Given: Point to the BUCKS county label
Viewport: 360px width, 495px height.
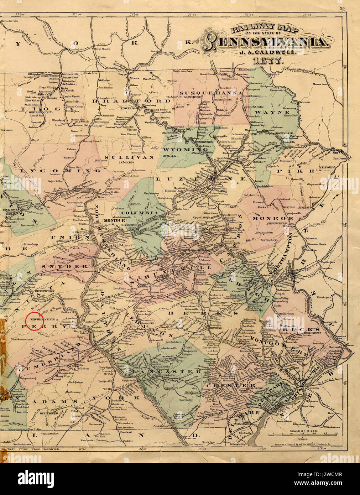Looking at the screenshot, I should click(305, 329).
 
